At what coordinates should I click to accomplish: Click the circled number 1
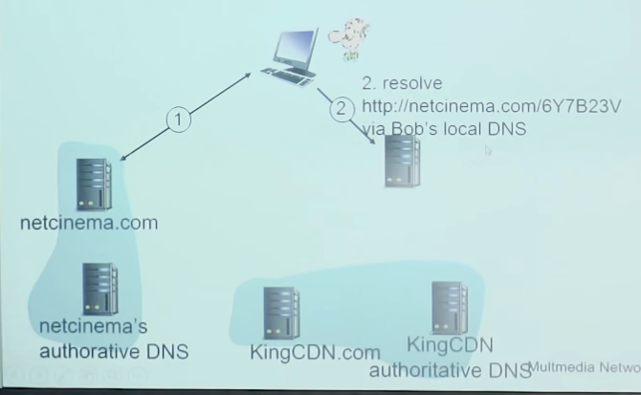[x=178, y=121]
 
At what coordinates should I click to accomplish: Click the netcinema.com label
[x=88, y=223]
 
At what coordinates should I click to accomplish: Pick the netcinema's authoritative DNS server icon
[x=99, y=289]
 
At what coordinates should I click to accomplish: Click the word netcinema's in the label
[x=93, y=327]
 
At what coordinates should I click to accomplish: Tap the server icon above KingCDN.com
[x=282, y=312]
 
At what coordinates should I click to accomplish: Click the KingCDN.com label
[x=315, y=353]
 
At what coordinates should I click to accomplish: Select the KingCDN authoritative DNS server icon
[x=450, y=307]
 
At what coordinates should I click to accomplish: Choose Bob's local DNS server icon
[x=402, y=161]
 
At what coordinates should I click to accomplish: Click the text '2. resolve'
[x=402, y=83]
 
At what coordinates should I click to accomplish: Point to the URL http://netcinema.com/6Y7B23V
[x=457, y=106]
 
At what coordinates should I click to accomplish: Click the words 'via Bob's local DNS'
[x=444, y=129]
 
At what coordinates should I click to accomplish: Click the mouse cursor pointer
[x=488, y=150]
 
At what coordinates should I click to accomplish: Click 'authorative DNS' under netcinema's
[x=114, y=351]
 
